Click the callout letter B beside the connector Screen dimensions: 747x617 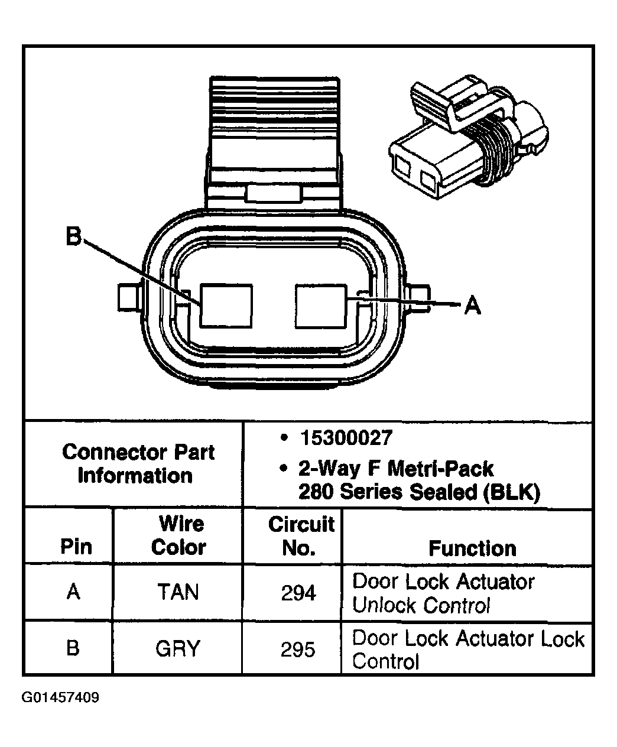click(73, 237)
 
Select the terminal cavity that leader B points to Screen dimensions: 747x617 click(226, 306)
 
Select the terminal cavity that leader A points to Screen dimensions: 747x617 click(321, 306)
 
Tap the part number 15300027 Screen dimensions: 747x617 click(346, 438)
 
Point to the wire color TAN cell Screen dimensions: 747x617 click(178, 592)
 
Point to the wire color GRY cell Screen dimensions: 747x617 click(178, 649)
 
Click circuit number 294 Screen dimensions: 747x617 click(298, 593)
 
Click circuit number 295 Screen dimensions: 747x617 click(298, 649)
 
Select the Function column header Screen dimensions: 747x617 click(472, 548)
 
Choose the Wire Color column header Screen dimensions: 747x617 click(178, 535)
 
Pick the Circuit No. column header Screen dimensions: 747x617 click(301, 535)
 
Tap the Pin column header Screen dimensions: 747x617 click(76, 547)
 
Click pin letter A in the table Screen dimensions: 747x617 click(73, 592)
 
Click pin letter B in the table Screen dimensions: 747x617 click(73, 648)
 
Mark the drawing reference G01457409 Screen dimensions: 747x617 click(60, 698)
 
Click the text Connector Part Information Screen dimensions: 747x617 click(137, 464)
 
